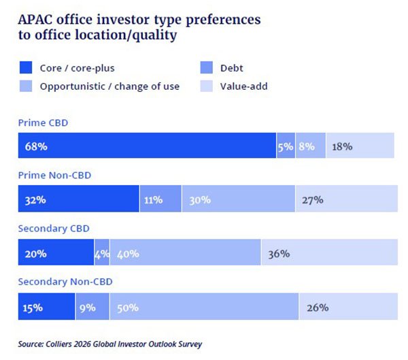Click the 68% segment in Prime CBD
pyautogui.click(x=146, y=146)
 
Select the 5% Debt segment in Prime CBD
pyautogui.click(x=286, y=146)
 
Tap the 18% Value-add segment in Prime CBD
pyautogui.click(x=360, y=146)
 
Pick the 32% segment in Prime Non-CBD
pyautogui.click(x=78, y=199)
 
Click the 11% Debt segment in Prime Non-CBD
pyautogui.click(x=160, y=199)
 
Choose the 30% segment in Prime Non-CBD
pyautogui.click(x=238, y=199)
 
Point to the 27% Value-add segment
pyautogui.click(x=346, y=199)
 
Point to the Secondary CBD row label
pyautogui.click(x=54, y=229)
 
